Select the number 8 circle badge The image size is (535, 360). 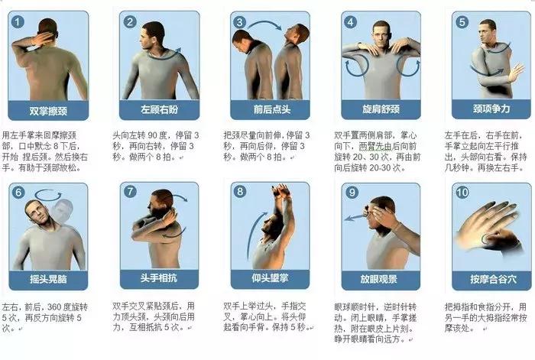pos(241,192)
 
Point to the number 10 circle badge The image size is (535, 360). pos(462,193)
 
